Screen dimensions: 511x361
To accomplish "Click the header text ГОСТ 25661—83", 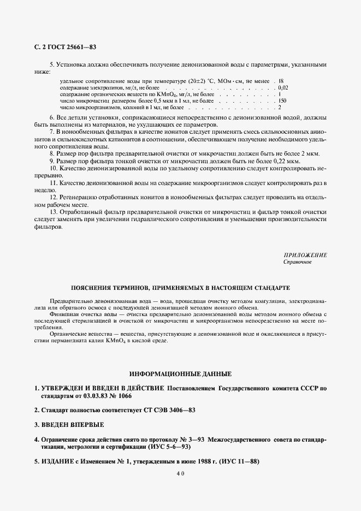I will [x=73, y=47].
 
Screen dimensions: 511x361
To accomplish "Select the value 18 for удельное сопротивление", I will [x=281, y=81].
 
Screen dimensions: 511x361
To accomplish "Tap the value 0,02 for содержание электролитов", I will [x=283, y=87].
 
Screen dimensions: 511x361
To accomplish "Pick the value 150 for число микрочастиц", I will [x=282, y=101].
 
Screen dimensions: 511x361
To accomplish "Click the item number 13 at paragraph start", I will [x=53, y=211].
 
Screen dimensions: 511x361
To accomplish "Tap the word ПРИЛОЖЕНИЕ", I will [x=305, y=255].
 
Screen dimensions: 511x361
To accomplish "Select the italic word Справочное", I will [x=297, y=262].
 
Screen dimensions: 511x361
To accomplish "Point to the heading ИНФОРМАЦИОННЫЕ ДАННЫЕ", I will [x=180, y=374].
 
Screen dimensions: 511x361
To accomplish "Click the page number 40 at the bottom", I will [x=180, y=474].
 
